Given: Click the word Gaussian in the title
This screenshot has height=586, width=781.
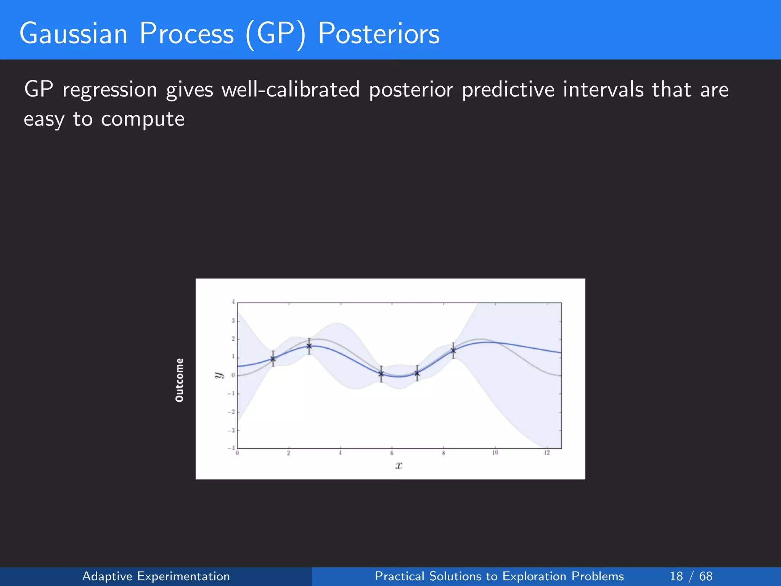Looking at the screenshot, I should tap(73, 34).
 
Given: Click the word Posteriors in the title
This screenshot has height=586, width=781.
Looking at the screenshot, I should tap(378, 34).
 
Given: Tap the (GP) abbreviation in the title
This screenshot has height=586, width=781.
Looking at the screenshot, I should tap(275, 34).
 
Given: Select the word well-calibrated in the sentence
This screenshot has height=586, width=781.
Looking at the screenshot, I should tap(291, 90).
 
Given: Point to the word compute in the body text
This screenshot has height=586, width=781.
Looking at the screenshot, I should tap(143, 119).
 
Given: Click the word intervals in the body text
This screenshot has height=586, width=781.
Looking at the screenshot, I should tap(603, 90).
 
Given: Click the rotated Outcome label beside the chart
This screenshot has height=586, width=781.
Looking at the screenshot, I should tap(179, 380).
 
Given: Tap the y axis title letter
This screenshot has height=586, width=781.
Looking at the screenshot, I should tap(218, 375).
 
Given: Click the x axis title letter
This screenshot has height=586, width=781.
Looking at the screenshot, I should tap(399, 465).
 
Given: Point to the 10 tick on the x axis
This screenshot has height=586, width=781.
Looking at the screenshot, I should tap(495, 453).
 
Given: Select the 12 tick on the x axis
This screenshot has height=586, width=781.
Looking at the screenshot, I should tap(547, 453).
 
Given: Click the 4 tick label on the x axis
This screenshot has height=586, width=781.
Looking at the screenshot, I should tap(340, 453).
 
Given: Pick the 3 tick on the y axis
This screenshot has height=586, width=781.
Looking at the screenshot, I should tap(233, 321).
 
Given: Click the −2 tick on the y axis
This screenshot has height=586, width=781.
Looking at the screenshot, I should tap(231, 412).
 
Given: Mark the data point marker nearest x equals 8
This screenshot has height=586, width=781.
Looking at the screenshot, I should tap(453, 351).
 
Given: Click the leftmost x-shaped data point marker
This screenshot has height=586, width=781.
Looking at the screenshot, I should tap(273, 359).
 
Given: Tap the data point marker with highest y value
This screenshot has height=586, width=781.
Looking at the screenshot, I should tap(309, 346).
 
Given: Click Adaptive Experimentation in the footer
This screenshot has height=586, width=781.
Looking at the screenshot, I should tap(156, 576).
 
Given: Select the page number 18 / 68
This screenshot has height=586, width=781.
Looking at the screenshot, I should tap(691, 576).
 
